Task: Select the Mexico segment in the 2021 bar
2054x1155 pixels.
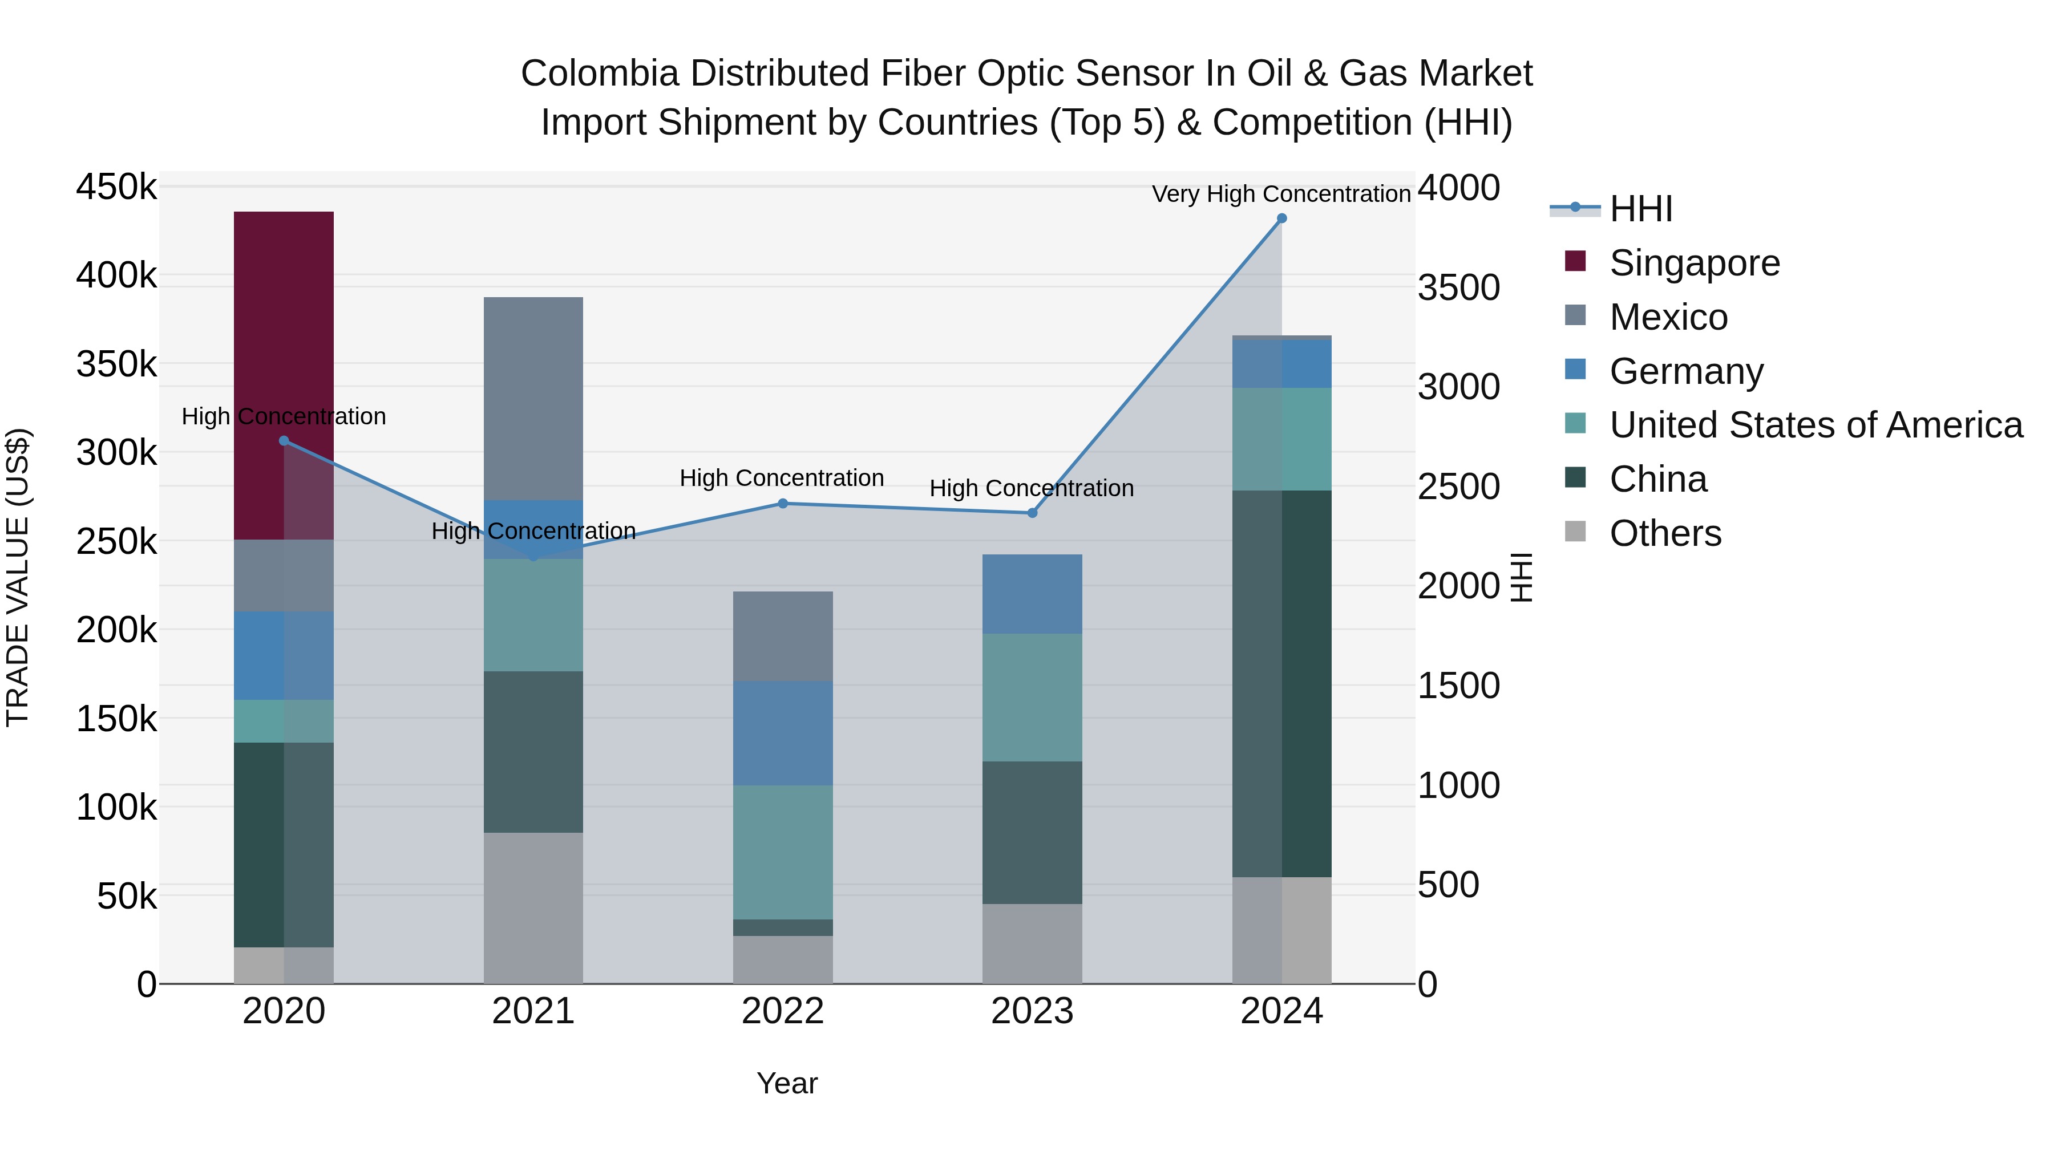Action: [x=533, y=399]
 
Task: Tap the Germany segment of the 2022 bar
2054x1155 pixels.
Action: [x=783, y=733]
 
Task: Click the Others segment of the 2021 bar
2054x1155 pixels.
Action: [x=533, y=909]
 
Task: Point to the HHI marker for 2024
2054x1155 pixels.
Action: [x=1282, y=218]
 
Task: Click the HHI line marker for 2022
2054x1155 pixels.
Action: [x=783, y=504]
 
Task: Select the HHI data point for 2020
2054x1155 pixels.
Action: [x=284, y=441]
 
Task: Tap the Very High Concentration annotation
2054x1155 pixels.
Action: [x=1281, y=194]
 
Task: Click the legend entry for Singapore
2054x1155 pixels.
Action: [x=1695, y=263]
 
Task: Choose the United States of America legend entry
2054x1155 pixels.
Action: [x=1816, y=425]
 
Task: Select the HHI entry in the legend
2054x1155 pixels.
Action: [x=1640, y=209]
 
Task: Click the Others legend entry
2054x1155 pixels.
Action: [x=1665, y=533]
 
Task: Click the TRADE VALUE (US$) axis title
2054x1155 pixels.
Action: [x=18, y=577]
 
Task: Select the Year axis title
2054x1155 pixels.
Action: [x=787, y=1083]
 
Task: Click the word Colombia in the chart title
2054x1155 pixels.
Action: [x=600, y=74]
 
